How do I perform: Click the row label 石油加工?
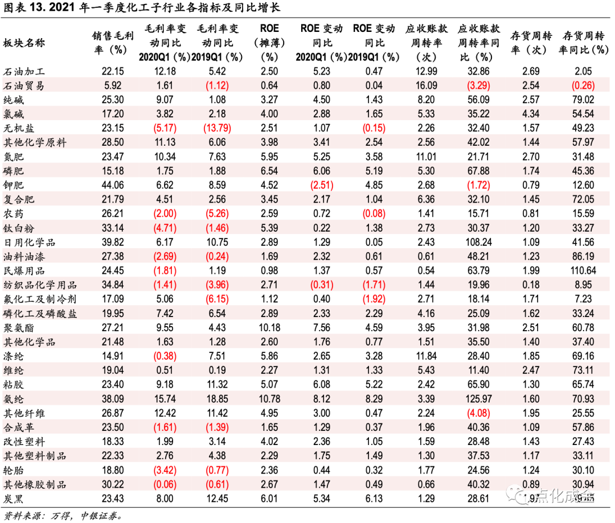[24, 71]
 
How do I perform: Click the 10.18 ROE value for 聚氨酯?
[269, 328]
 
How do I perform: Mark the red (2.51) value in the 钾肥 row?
[321, 185]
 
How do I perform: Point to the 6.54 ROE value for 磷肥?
[269, 171]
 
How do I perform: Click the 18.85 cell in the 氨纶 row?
[219, 399]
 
